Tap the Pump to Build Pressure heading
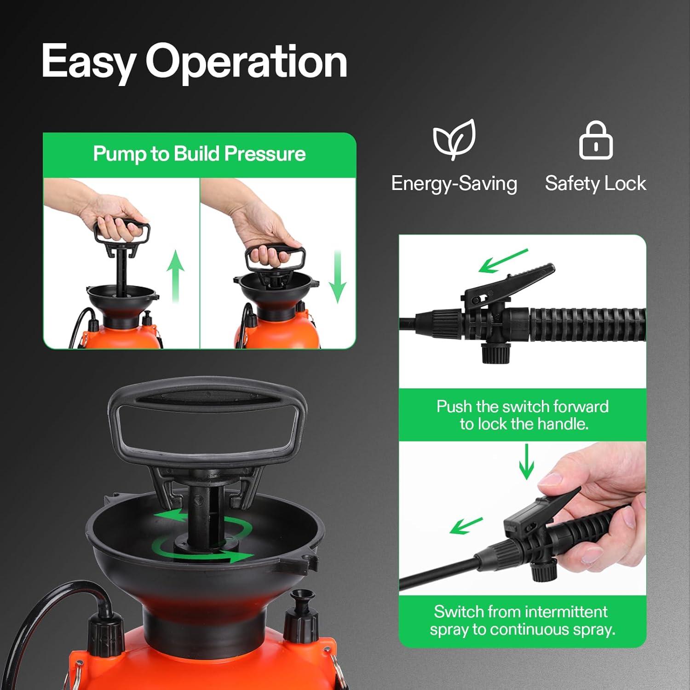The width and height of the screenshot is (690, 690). pos(199,154)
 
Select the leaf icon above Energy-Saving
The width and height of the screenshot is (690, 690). pos(454,139)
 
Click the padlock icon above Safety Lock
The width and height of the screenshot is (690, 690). pos(596,141)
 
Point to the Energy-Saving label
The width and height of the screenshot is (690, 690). pos(454,184)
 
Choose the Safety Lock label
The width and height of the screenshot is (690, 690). pos(595,184)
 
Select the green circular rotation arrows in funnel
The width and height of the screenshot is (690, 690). pos(202,538)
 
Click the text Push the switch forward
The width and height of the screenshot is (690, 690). pos(522,407)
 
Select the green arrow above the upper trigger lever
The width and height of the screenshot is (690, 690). pos(503,261)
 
